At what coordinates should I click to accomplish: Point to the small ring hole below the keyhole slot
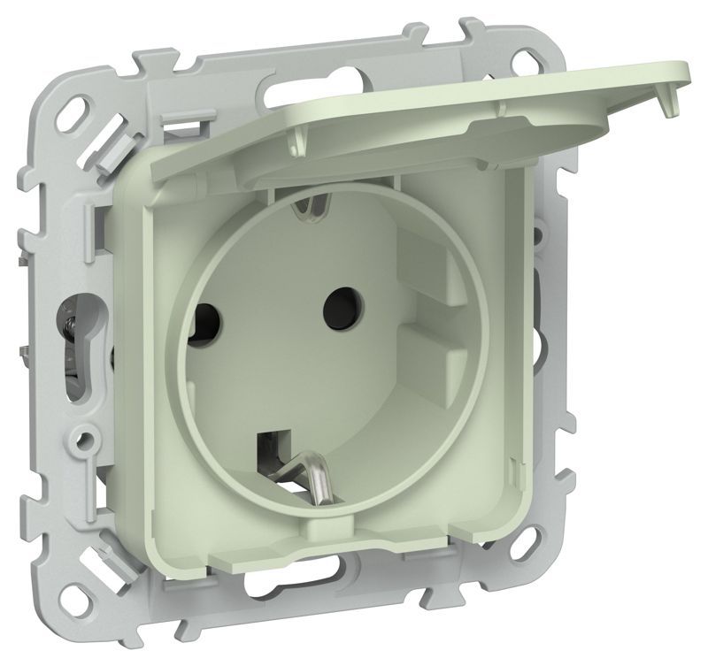click(x=87, y=437)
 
